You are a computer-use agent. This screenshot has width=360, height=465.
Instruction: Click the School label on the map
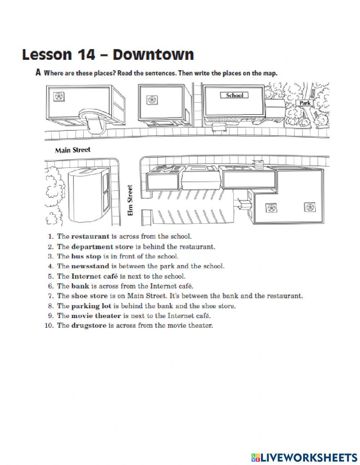(x=234, y=95)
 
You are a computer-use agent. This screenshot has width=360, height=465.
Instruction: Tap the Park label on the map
(x=305, y=103)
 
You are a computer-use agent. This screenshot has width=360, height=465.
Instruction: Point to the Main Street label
(x=73, y=150)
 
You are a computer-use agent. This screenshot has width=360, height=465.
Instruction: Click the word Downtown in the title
(x=153, y=55)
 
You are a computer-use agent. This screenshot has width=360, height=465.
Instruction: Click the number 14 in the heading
(x=86, y=55)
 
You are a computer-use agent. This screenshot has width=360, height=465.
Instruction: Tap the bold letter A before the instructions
(x=38, y=73)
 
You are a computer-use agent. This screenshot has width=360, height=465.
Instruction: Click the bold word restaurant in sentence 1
(x=90, y=237)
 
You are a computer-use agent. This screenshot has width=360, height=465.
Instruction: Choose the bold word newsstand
(x=90, y=266)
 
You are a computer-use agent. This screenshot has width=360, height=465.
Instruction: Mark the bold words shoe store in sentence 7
(x=89, y=296)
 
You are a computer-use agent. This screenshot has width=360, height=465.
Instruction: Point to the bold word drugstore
(x=89, y=326)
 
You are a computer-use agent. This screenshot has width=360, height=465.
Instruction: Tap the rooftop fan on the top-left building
(x=58, y=96)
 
